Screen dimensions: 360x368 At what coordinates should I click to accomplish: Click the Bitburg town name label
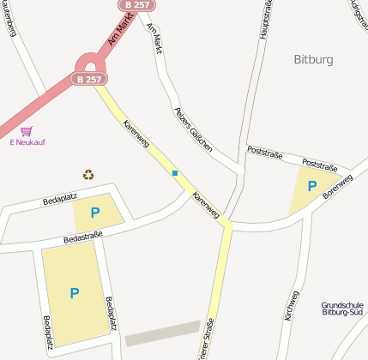tap(312, 59)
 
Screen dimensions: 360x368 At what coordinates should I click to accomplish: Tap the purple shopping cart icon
tap(27, 131)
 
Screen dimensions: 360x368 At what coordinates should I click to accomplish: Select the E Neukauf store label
tap(27, 143)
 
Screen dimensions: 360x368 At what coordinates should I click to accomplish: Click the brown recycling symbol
tap(88, 175)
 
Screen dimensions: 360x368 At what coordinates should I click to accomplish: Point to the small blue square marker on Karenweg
tap(175, 173)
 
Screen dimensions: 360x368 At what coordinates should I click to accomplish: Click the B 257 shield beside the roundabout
tap(88, 79)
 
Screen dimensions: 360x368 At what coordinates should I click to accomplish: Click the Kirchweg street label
tap(292, 306)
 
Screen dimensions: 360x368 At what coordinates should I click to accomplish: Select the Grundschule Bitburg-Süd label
tap(342, 309)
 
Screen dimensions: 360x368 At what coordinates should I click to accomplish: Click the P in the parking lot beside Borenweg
tap(311, 185)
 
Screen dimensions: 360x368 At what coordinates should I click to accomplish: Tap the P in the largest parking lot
tap(75, 293)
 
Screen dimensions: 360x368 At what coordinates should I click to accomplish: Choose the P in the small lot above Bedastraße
tap(94, 213)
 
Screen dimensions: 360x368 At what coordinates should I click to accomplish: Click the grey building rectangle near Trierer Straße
tap(163, 333)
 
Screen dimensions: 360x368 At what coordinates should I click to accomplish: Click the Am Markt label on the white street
tap(154, 38)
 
